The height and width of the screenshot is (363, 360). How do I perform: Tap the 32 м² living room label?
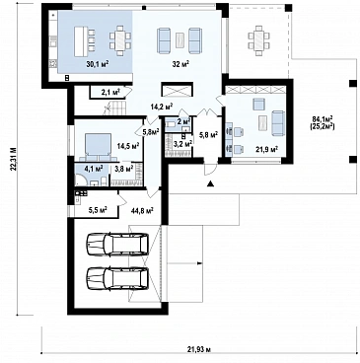[x=180, y=64]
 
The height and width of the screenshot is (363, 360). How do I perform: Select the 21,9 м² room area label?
[x=267, y=149]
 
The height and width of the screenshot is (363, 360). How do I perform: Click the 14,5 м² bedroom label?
[x=128, y=145]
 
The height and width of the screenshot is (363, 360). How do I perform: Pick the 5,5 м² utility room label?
[x=99, y=209]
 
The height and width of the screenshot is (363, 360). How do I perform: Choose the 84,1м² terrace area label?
[x=323, y=118]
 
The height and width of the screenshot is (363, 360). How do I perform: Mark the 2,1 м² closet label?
[x=110, y=92]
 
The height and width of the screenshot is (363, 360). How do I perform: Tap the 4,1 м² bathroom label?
[x=94, y=168]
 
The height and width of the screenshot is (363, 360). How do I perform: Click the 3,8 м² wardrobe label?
[x=124, y=169]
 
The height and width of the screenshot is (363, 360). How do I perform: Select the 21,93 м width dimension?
[x=200, y=349]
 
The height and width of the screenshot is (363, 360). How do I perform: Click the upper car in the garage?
[x=117, y=244]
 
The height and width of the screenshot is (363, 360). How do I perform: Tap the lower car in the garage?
[x=117, y=278]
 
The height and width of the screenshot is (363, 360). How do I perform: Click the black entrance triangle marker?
[x=210, y=184]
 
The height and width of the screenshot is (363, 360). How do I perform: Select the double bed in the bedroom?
[x=97, y=146]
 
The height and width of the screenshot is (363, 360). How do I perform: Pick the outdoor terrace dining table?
[x=259, y=39]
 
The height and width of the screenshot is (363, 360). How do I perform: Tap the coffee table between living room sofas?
[x=180, y=40]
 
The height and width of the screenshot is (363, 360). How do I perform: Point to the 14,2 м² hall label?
[x=162, y=107]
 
